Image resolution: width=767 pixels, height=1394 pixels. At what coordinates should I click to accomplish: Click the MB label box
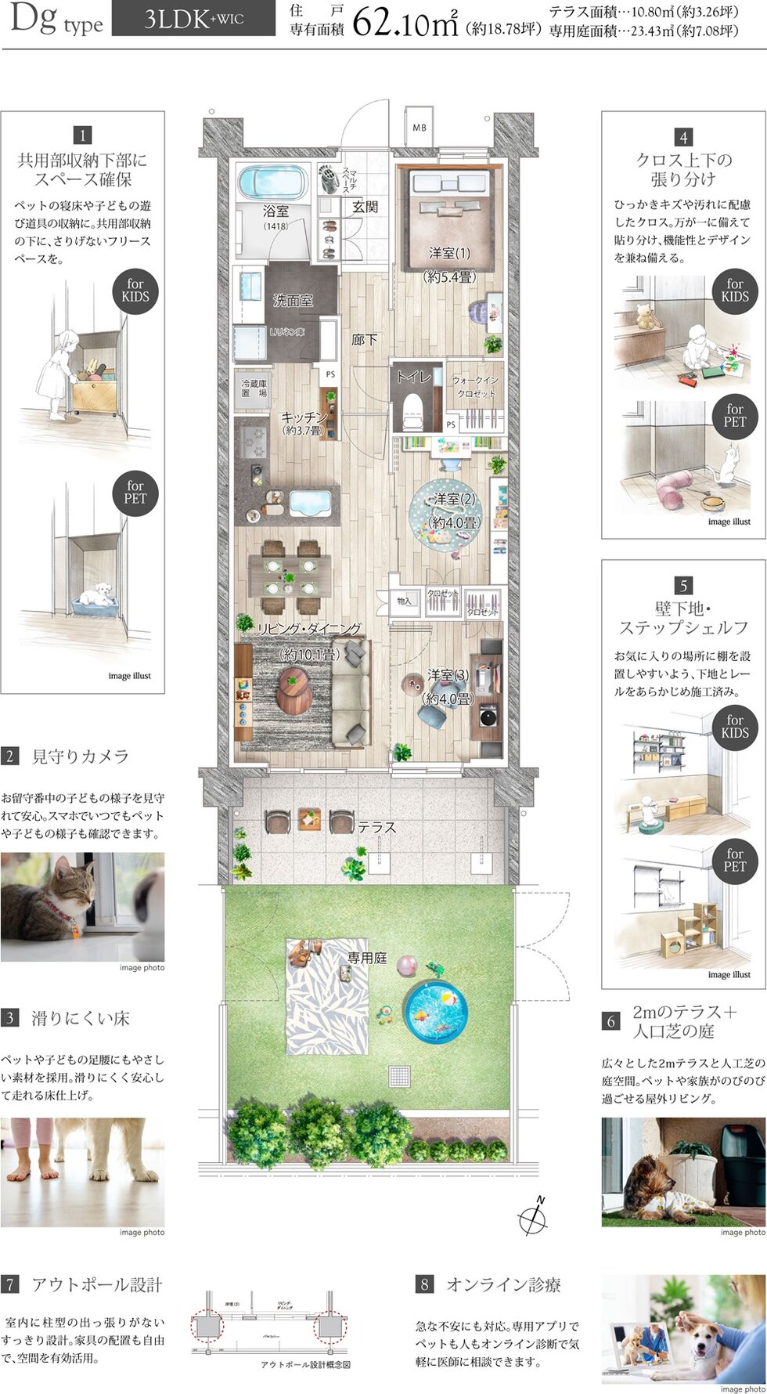coord(420,127)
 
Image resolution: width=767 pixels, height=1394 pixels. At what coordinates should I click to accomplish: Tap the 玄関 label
coord(365,206)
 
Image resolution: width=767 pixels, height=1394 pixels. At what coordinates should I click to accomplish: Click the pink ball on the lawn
coord(408,964)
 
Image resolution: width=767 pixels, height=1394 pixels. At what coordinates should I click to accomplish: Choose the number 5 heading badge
coord(683,585)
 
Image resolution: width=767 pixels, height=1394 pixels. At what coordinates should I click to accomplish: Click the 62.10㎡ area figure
coord(405,24)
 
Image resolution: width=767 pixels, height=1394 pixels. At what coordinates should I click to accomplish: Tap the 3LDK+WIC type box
coord(193,20)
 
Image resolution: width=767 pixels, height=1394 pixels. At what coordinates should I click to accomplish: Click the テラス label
coord(377,827)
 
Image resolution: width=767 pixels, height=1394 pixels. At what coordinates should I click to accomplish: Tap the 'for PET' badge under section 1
coord(135,492)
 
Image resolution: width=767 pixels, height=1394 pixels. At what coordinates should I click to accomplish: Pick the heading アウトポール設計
coord(96,1284)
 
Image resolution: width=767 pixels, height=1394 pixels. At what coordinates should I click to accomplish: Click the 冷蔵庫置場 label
coord(254,388)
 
